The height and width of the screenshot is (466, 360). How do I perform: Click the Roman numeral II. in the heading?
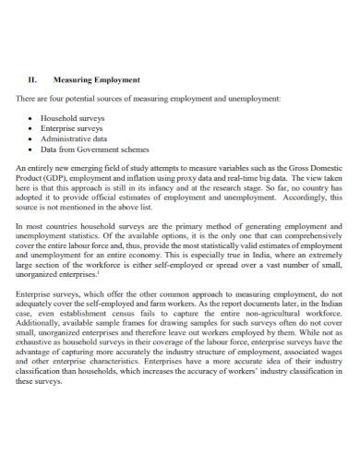35,79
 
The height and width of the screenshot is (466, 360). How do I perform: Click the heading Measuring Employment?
97,79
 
